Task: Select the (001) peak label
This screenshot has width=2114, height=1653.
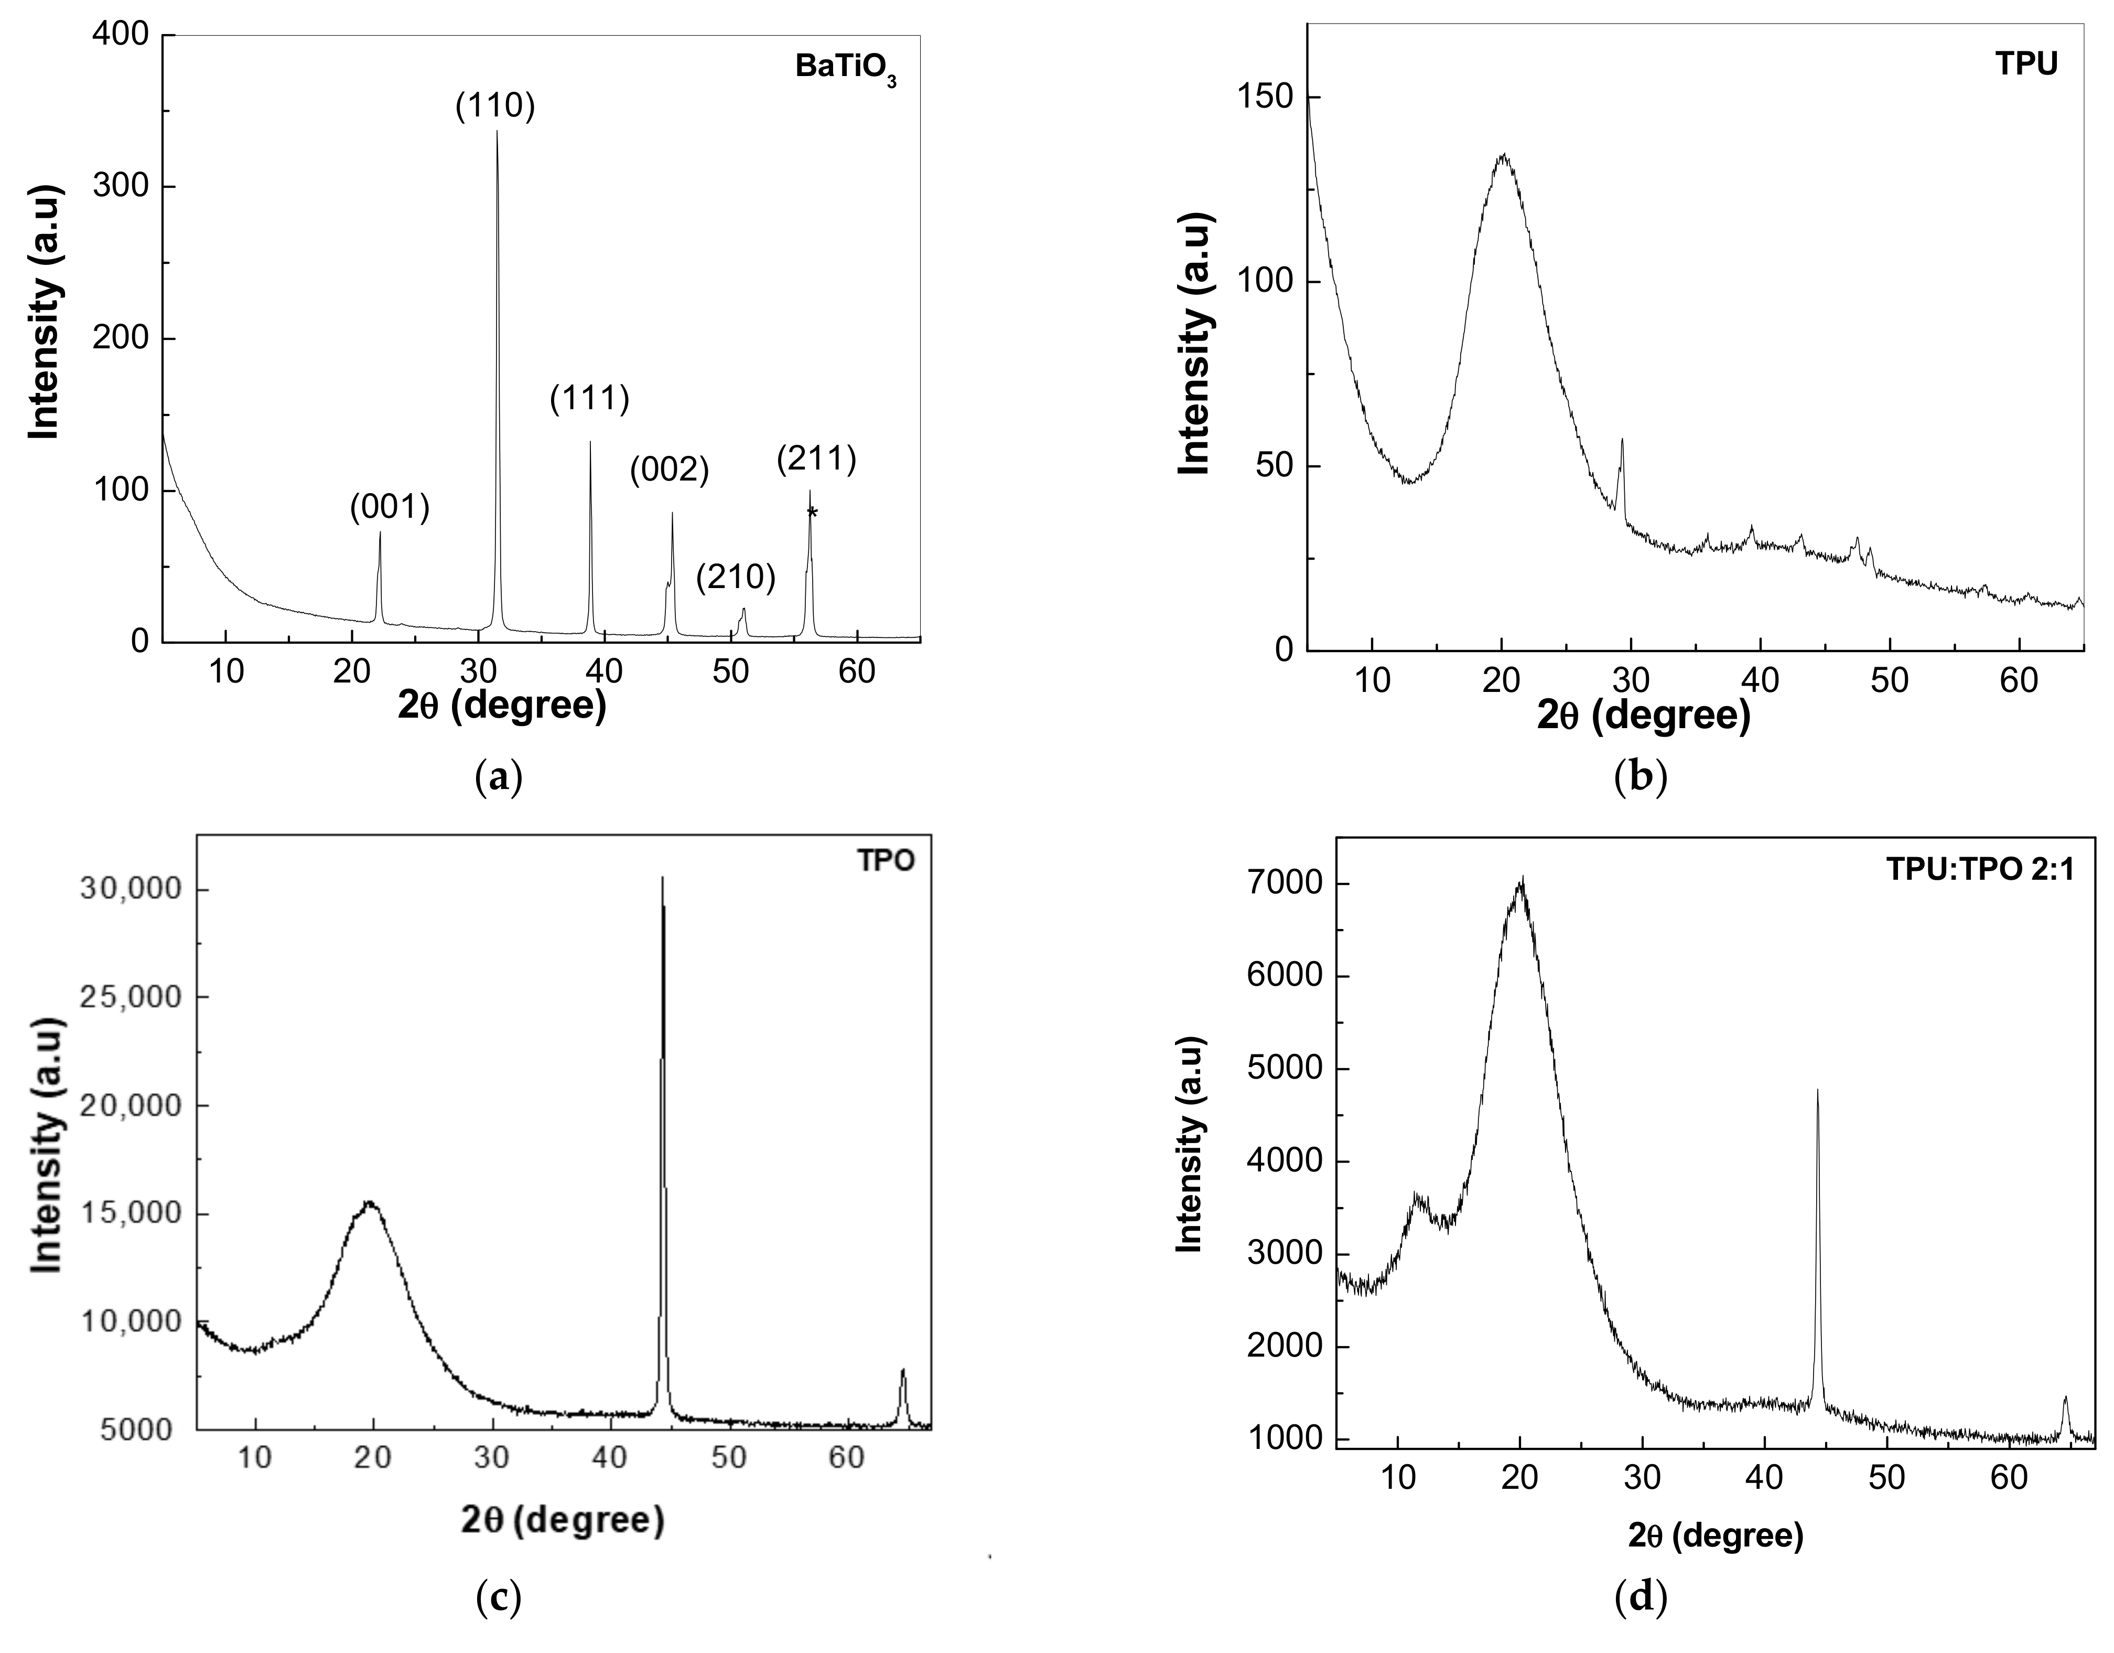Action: point(389,506)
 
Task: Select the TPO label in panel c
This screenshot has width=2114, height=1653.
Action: point(885,861)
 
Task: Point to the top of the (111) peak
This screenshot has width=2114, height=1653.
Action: point(590,443)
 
